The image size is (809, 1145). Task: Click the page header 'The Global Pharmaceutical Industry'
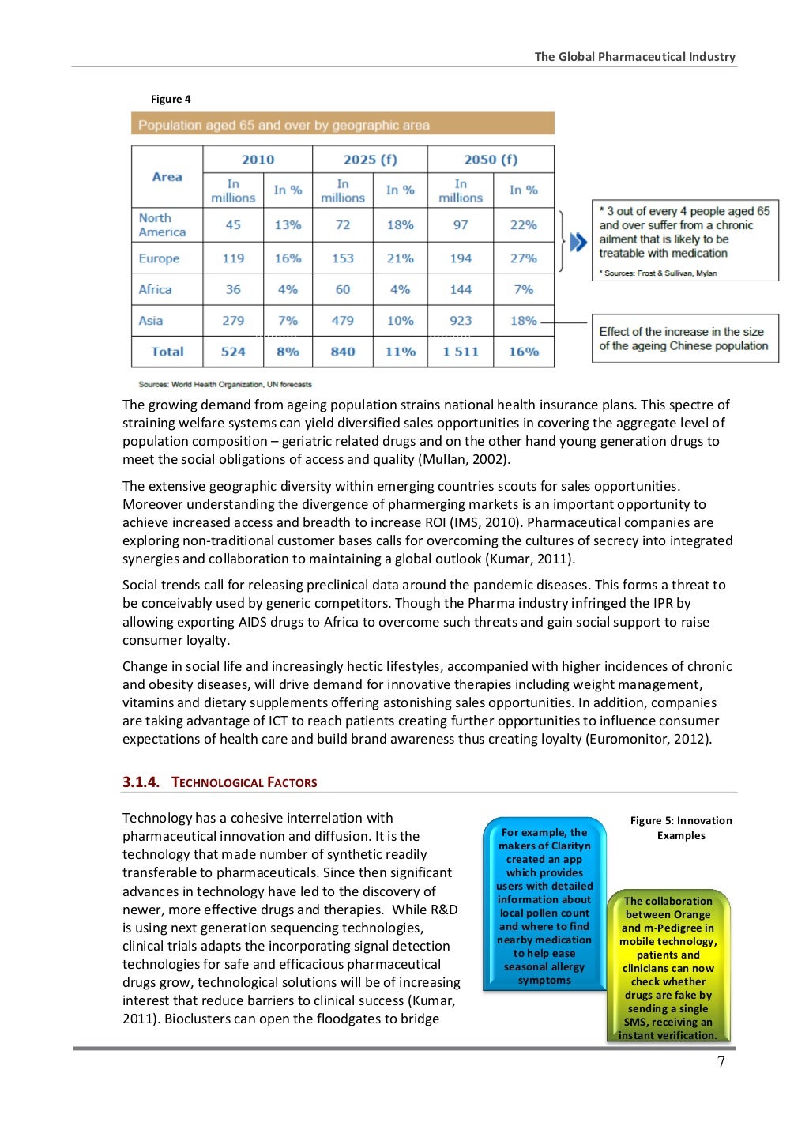634,57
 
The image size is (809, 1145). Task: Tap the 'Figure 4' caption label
171,99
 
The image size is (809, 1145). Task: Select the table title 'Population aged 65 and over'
284,125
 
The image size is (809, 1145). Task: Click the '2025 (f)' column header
370,160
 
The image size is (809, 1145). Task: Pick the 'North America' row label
163,225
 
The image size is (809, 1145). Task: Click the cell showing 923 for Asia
461,321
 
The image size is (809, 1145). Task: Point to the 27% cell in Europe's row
523,258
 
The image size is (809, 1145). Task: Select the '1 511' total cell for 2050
461,352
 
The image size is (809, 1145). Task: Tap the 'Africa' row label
156,290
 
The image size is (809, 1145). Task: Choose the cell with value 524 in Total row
233,352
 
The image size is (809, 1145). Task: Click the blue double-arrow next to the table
578,242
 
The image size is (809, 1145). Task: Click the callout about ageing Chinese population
684,339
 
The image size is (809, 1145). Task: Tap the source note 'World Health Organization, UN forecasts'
225,385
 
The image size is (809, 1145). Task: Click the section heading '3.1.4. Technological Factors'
220,782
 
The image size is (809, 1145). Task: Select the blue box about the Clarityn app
544,906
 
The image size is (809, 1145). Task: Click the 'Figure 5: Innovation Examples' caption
681,828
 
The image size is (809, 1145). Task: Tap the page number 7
721,1061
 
